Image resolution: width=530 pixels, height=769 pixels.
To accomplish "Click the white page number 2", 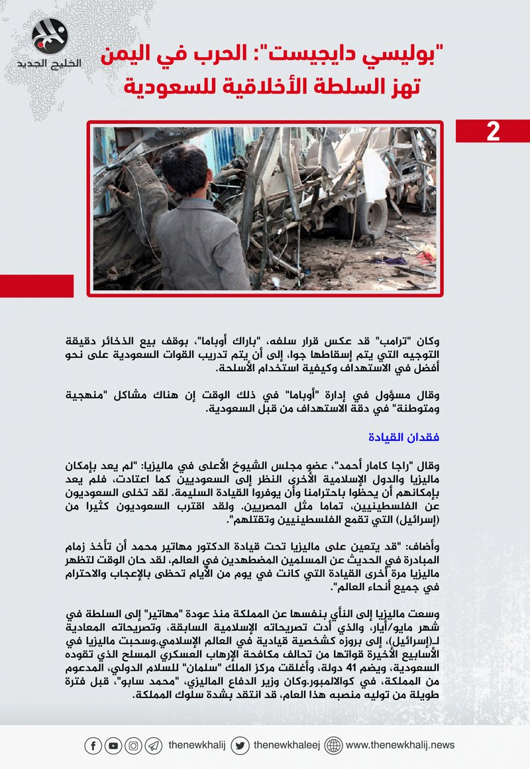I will coord(493,131).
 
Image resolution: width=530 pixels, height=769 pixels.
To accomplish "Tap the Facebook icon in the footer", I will coord(93,746).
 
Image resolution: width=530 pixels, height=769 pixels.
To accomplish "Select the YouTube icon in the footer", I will coord(113,746).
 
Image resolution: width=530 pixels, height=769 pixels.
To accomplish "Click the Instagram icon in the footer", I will coord(133,746).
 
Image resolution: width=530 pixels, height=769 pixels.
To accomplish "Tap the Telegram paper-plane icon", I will coord(153,746).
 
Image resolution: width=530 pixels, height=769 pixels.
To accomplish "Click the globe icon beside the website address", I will coord(333,746).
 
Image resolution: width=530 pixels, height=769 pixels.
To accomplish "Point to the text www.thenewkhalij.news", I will coord(400,745).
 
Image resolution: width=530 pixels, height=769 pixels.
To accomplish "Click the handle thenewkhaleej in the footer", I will coord(287,745).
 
